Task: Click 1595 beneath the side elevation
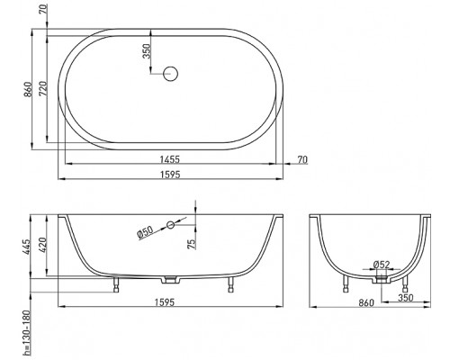(171, 303)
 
